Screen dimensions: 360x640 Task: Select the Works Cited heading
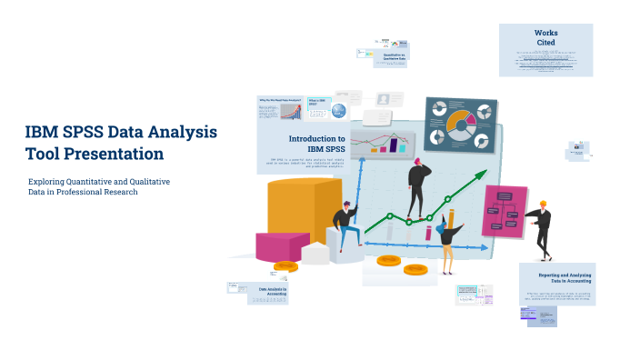click(546, 37)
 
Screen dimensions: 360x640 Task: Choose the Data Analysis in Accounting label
click(273, 292)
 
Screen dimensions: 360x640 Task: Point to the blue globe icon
click(338, 111)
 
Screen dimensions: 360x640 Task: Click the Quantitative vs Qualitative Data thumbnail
click(393, 55)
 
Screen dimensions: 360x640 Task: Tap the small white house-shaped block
click(315, 253)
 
